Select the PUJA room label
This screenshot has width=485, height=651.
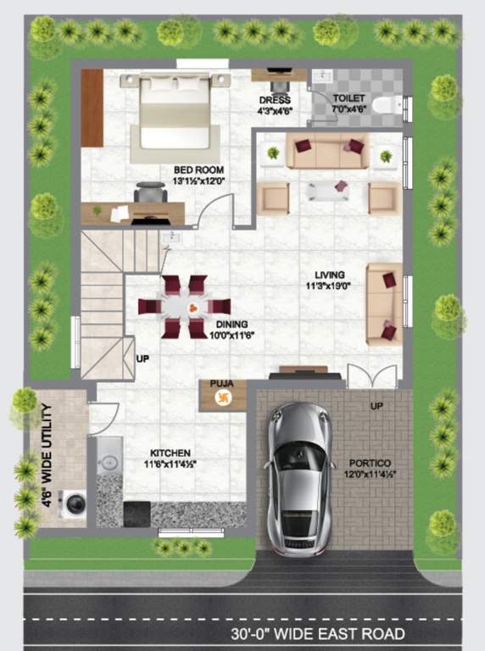click(221, 384)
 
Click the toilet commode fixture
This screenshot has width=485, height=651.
click(387, 104)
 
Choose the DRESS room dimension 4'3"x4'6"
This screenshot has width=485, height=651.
click(275, 110)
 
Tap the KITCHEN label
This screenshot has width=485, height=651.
click(170, 453)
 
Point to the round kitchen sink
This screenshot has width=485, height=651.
click(109, 463)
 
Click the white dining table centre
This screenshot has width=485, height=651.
click(185, 307)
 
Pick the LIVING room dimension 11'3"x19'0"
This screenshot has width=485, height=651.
click(330, 287)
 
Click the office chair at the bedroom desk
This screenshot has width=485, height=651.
click(150, 194)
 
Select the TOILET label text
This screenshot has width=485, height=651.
click(348, 98)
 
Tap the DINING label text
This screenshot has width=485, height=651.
click(231, 324)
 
